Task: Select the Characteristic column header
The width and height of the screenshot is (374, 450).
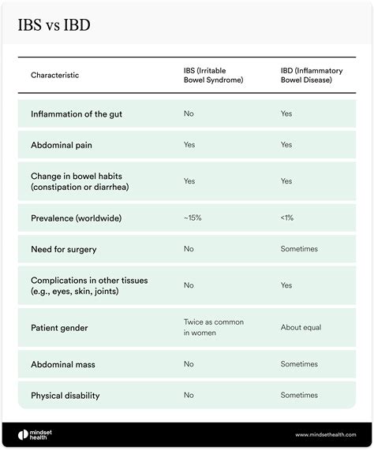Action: pos(54,75)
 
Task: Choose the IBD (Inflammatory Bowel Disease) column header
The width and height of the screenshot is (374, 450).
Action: pos(313,75)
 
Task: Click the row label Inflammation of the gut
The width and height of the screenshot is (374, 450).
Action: pos(77,114)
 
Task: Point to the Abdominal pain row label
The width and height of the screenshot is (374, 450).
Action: pos(64,145)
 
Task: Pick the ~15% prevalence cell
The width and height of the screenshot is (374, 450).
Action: pos(193,218)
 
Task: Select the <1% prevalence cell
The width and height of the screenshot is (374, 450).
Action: pos(287,218)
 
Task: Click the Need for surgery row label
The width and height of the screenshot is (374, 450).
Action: pos(64,249)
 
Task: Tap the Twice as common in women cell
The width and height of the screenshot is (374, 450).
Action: pos(211,327)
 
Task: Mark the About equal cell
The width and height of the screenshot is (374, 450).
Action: pos(301,327)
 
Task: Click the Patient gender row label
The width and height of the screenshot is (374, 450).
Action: pos(60,327)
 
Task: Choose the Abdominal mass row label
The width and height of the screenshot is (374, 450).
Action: pos(64,364)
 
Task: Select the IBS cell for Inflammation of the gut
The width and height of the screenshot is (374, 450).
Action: pos(189,114)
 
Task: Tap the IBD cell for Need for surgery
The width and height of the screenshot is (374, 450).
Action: pos(299,249)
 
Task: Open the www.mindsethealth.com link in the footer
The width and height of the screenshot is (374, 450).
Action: pos(326,435)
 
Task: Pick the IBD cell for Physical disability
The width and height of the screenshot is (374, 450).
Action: pos(299,396)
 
